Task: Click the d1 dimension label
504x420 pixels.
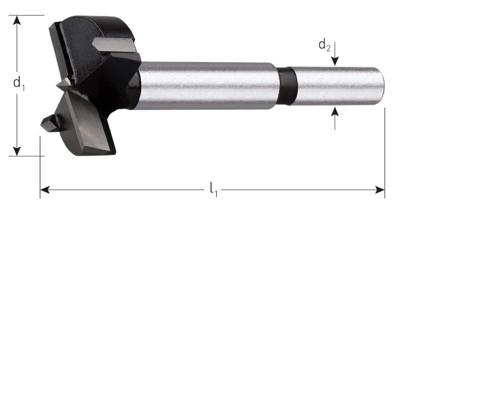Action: tap(19, 83)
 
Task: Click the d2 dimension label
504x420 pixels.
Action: tap(324, 45)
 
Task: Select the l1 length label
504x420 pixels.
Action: tap(214, 190)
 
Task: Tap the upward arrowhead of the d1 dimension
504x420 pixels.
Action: tap(17, 20)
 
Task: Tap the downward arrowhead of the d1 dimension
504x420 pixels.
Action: tap(17, 151)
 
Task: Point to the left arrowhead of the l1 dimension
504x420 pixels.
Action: tap(45, 190)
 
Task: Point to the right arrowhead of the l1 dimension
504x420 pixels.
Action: tap(380, 190)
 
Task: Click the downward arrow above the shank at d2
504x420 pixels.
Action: tap(335, 54)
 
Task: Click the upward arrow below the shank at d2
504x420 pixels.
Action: tap(335, 118)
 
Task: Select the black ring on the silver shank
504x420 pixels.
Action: tap(287, 86)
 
